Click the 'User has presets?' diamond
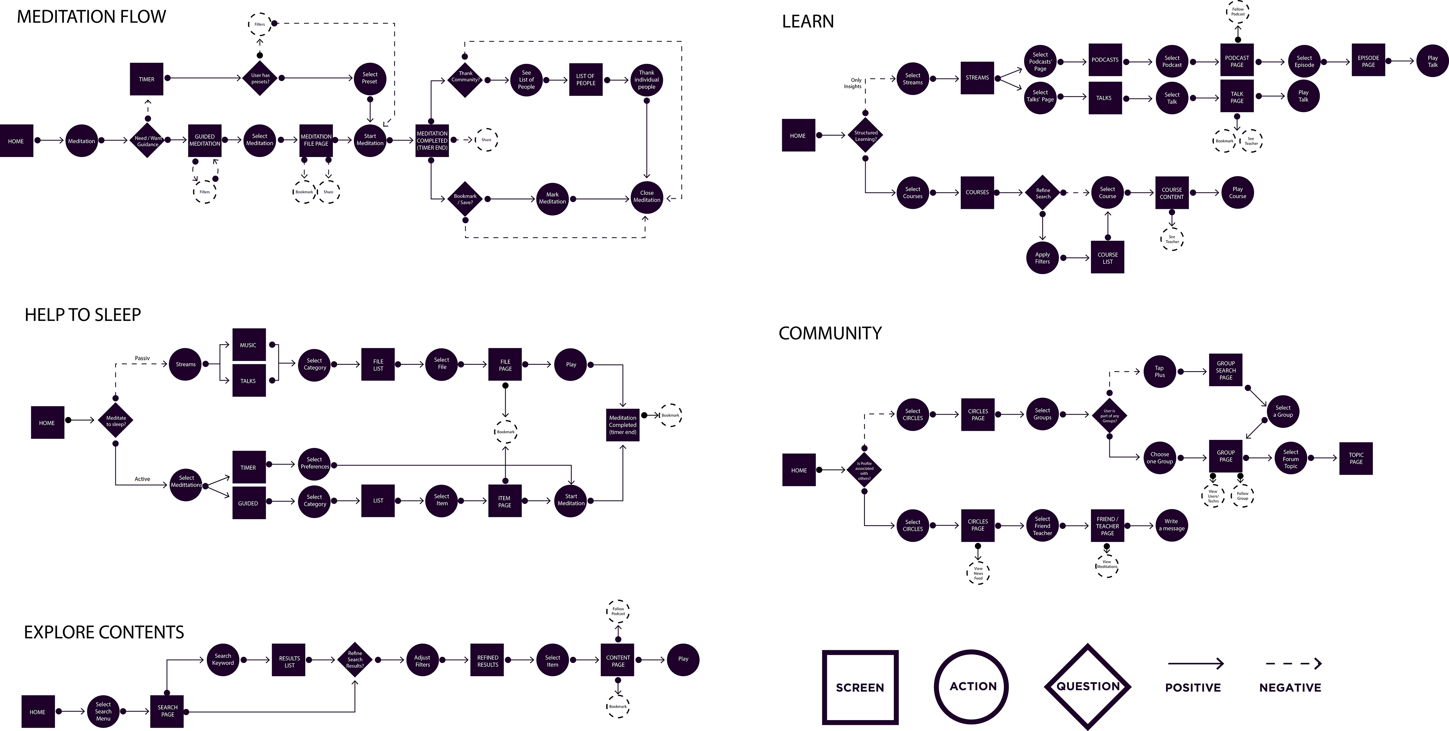260,78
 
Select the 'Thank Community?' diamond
465,77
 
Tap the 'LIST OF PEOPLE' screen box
586,79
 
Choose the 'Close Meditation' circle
646,196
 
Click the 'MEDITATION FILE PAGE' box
316,140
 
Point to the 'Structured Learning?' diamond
866,136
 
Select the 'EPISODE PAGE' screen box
1368,61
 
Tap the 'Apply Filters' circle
1042,258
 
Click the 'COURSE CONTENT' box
1172,193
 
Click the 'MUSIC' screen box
248,345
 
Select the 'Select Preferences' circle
314,463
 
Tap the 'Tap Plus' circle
1159,372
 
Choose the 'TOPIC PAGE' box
1356,458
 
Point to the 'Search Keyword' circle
223,659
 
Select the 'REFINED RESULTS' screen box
488,661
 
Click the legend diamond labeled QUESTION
1087,686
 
